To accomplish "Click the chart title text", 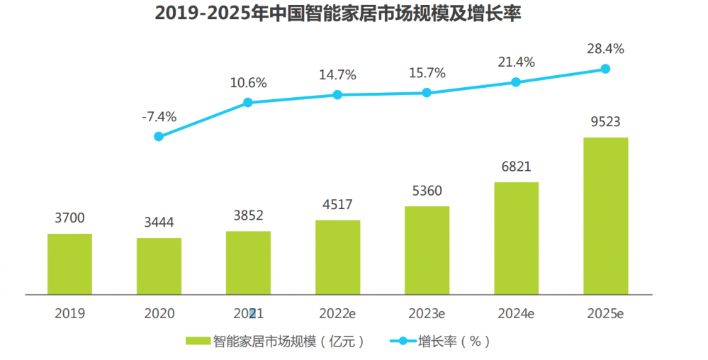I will click(337, 14).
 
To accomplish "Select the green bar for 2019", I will click(69, 264).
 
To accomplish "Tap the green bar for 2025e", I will click(605, 215).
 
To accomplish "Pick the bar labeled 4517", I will click(337, 257).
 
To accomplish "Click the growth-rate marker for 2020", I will click(159, 136).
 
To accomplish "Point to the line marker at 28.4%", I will click(605, 69).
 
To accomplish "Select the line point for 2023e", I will click(427, 92).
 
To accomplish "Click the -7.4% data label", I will click(159, 116).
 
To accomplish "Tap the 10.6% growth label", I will click(248, 83).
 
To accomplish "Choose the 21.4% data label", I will click(516, 62).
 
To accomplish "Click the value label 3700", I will click(69, 218).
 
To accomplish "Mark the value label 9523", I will click(605, 122).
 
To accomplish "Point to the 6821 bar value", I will click(516, 167).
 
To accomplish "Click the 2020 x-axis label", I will click(159, 313).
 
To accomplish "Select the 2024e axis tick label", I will click(516, 313).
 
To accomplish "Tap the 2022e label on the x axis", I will click(337, 313).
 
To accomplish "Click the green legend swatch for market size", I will click(198, 341).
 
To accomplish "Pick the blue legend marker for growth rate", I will click(403, 341).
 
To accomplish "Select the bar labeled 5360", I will click(427, 249).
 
